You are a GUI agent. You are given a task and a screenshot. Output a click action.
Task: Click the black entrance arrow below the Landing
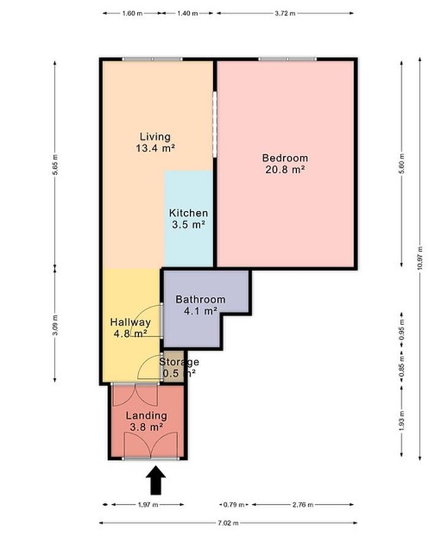point(156,480)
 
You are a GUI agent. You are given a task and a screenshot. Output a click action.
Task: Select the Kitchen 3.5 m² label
point(189,219)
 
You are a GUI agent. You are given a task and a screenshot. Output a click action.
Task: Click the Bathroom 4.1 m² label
point(201,305)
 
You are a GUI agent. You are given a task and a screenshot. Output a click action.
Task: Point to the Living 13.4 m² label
point(156,143)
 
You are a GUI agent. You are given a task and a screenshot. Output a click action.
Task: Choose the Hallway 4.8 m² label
point(130,328)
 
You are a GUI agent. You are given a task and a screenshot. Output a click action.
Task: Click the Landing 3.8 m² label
point(146,421)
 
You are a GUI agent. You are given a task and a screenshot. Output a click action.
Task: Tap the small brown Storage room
point(173,367)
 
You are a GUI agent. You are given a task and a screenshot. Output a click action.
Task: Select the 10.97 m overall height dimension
point(420,259)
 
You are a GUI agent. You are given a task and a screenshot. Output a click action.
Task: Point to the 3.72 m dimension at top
point(285,13)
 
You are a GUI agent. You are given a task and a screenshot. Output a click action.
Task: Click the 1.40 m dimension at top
point(187,13)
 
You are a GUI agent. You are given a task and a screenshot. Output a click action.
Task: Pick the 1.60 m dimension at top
point(132,13)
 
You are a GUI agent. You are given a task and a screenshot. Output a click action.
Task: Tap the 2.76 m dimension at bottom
point(302,505)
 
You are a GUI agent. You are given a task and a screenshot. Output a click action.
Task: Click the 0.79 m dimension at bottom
point(235,505)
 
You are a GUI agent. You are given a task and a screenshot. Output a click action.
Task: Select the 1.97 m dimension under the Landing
point(148,505)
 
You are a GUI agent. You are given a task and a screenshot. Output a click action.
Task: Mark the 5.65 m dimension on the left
point(55,164)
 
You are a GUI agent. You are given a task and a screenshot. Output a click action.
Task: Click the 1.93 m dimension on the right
point(402,421)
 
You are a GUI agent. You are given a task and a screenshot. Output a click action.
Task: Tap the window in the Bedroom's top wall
point(287,59)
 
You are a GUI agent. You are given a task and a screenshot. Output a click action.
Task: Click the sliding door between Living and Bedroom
point(215,124)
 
